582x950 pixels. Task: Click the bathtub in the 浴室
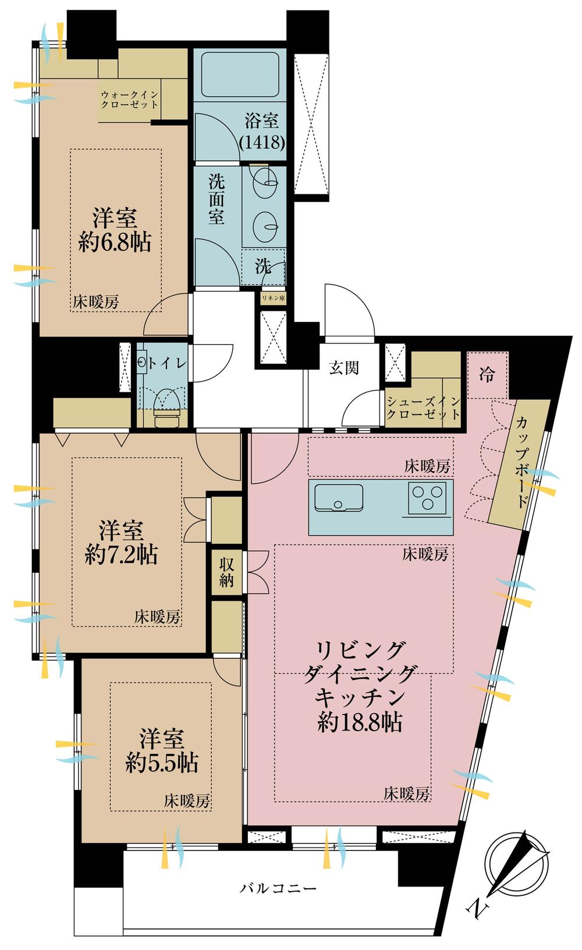click(x=240, y=75)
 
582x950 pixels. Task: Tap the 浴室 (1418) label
click(x=261, y=132)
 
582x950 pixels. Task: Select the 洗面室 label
click(x=217, y=199)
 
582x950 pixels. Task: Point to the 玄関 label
click(x=344, y=368)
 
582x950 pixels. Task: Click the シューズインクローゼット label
click(x=423, y=407)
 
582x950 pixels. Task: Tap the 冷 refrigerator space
click(x=487, y=375)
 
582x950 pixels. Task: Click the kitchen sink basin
click(x=339, y=497)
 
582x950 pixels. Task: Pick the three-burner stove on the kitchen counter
click(x=427, y=498)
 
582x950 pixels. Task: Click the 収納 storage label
click(x=226, y=572)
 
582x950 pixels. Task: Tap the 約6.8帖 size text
click(x=115, y=243)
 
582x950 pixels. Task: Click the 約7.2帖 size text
click(x=121, y=554)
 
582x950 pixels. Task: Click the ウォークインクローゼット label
click(x=129, y=100)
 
